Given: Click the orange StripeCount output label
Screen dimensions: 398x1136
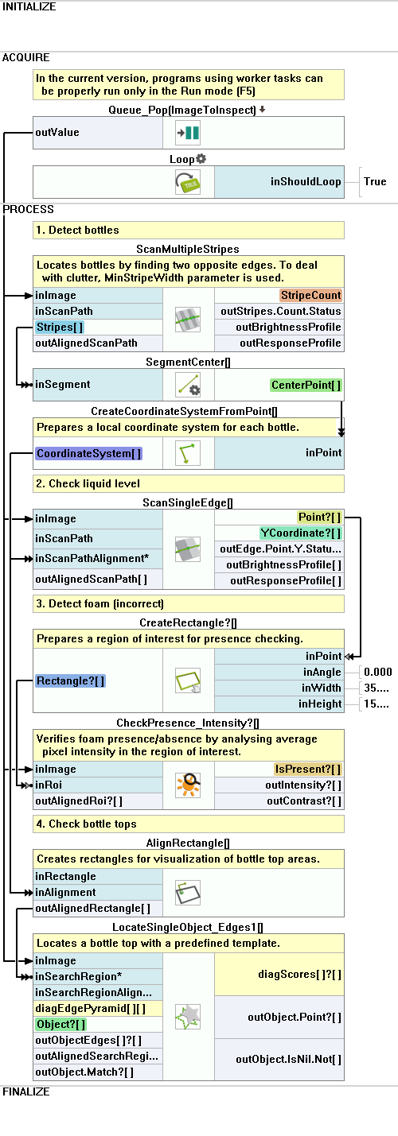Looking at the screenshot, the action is tap(310, 295).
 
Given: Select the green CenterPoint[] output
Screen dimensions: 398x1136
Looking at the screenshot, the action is tap(306, 385).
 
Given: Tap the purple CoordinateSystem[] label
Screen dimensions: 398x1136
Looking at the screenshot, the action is tap(89, 453).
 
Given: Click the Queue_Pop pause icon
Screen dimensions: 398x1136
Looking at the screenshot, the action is tap(188, 133).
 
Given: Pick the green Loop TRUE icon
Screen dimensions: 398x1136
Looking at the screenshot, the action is tap(188, 182).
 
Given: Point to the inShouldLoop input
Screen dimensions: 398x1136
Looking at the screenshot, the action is tap(306, 181).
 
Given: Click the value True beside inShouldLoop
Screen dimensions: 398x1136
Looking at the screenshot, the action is tap(375, 181).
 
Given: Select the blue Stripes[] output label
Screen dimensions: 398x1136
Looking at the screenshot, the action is tap(60, 327).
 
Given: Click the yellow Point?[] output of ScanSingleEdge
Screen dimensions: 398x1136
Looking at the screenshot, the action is tap(319, 518).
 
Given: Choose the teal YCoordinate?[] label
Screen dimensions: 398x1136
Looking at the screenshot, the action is tap(301, 533).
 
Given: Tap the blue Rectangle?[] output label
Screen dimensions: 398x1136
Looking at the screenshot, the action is tap(71, 680).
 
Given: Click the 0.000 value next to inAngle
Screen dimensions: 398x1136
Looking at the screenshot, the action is tap(377, 672).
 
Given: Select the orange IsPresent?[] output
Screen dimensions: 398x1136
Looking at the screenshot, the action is tap(307, 770).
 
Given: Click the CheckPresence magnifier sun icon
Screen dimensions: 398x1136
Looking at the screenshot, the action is tap(188, 785).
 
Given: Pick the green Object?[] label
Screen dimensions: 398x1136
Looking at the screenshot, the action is tap(61, 1025).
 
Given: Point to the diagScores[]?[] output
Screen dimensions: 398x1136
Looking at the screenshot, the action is tap(299, 974).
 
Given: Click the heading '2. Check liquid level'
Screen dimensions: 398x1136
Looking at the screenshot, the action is tap(88, 484).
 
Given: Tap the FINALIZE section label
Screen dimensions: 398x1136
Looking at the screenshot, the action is tap(26, 1091).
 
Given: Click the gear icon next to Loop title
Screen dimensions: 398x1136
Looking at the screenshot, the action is tap(201, 159).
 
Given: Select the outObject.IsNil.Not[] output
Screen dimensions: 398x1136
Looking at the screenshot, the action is tap(288, 1060).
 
